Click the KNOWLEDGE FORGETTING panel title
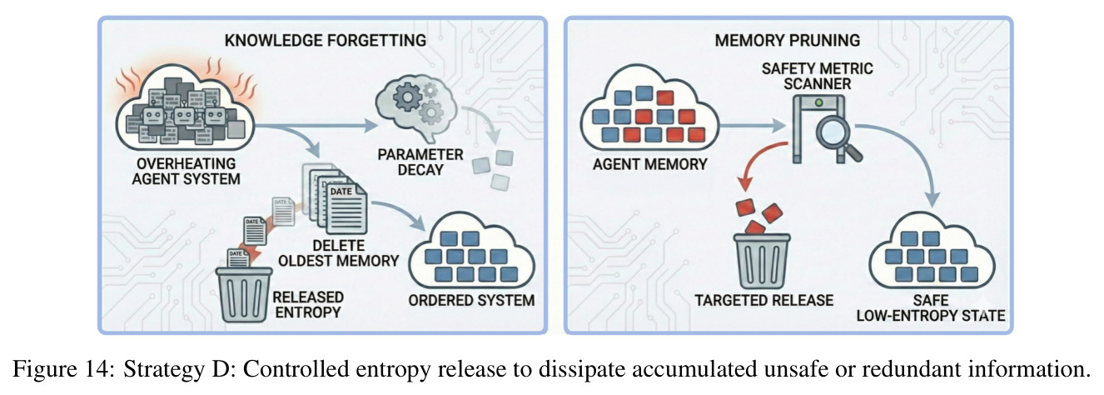326,40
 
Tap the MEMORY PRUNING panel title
787,40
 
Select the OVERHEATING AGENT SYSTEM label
186,171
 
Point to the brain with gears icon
416,106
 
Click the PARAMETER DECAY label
420,162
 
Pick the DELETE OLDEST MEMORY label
339,253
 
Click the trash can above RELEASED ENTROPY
245,294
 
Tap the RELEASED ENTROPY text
308,305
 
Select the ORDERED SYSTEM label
471,300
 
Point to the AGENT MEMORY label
649,164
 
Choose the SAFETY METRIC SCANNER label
817,76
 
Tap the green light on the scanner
818,103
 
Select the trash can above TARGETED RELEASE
762,261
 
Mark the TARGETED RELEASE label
764,300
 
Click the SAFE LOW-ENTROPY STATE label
931,308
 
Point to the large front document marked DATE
346,208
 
